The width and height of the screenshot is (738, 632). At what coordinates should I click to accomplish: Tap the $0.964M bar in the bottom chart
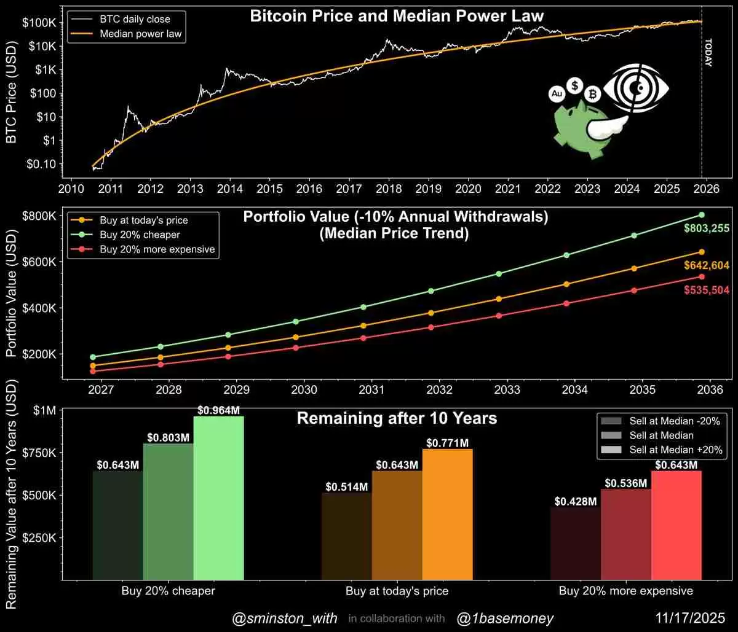218,497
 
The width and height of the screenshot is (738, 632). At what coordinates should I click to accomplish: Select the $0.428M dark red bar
575,544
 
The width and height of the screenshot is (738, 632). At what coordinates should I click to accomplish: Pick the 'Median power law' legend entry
140,34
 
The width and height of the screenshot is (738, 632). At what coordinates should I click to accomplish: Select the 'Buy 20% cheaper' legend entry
131,235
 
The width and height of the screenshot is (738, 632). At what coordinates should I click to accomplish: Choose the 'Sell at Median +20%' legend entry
675,450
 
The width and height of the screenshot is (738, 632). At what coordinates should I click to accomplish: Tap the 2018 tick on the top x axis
389,187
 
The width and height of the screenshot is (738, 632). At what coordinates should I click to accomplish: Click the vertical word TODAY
708,53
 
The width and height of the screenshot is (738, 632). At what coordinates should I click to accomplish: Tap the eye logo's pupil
640,88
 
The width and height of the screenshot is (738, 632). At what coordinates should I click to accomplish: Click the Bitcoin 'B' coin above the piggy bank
593,94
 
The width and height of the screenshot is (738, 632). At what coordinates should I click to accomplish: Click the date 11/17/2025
691,618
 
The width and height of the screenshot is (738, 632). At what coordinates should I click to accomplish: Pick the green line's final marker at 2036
701,214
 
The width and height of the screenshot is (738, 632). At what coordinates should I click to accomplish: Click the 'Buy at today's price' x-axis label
397,591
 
